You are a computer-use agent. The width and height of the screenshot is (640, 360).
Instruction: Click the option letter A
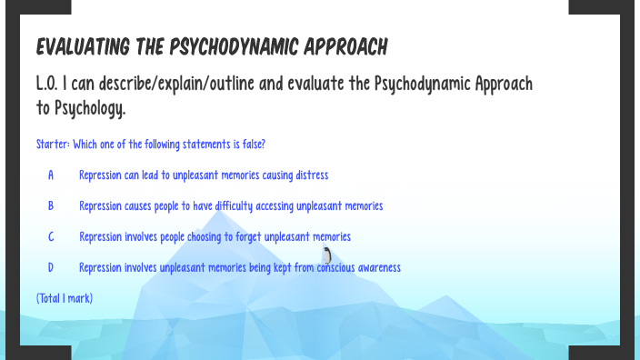coord(51,175)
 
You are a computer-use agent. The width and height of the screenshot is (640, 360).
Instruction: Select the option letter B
coord(51,205)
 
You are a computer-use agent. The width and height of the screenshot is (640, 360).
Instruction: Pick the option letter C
coord(51,236)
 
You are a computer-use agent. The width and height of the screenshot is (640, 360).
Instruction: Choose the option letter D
coord(51,267)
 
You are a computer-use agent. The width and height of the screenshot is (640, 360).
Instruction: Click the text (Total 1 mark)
coord(65,298)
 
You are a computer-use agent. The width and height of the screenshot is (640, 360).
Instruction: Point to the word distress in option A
coord(311,175)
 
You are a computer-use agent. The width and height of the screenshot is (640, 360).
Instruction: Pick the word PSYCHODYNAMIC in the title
coord(222,45)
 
